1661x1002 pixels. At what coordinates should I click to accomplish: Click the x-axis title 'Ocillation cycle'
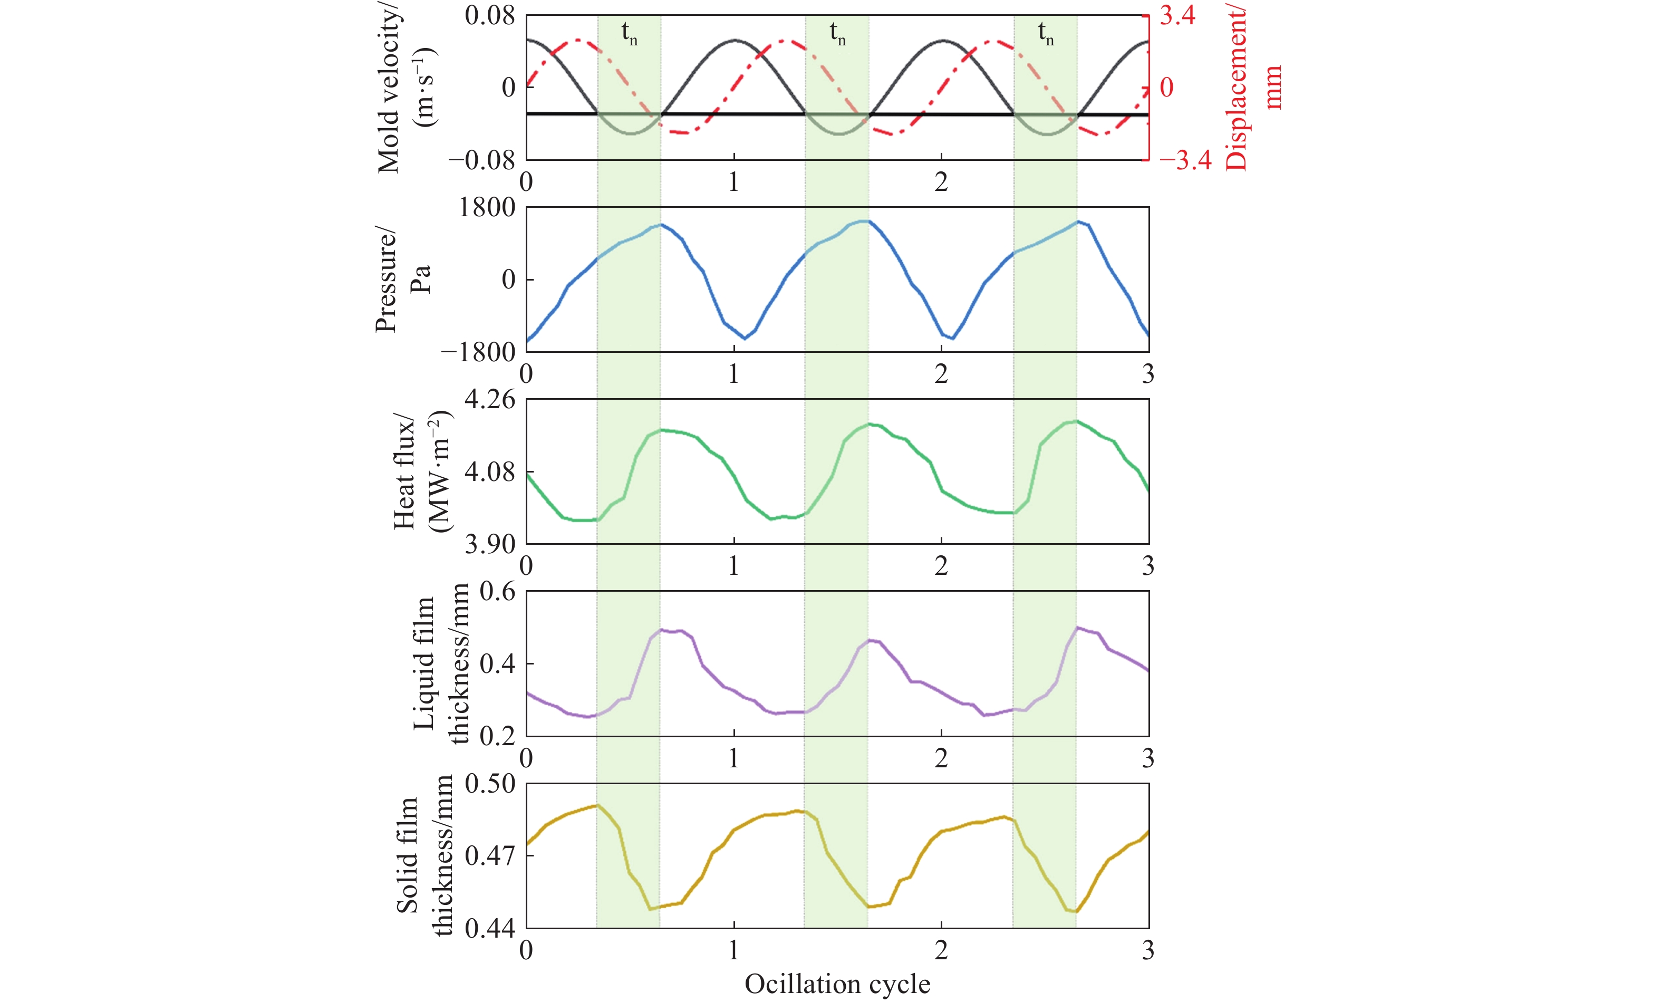pyautogui.click(x=837, y=984)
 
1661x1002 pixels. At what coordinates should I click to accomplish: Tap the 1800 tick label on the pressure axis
pyautogui.click(x=487, y=208)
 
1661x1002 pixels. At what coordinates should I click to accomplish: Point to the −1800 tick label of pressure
pyautogui.click(x=478, y=352)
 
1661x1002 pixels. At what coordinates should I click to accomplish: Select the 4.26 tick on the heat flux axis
pyautogui.click(x=489, y=399)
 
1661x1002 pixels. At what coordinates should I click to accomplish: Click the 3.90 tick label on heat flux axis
pyautogui.click(x=489, y=544)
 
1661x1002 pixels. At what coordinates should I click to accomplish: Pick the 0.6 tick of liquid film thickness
pyautogui.click(x=497, y=592)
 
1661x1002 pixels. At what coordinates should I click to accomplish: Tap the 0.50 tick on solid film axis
pyautogui.click(x=489, y=784)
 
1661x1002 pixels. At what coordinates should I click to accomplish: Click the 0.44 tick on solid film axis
pyautogui.click(x=489, y=929)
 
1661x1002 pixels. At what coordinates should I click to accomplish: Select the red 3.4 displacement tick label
pyautogui.click(x=1177, y=15)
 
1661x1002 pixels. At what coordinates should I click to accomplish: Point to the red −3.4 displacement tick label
pyautogui.click(x=1185, y=160)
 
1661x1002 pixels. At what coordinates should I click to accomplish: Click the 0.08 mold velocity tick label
pyautogui.click(x=489, y=15)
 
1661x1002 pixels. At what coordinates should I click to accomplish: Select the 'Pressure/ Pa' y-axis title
pyautogui.click(x=402, y=279)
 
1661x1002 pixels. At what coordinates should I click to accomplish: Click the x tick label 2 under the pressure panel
pyautogui.click(x=941, y=373)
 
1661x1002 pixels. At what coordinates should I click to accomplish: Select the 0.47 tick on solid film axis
pyautogui.click(x=489, y=856)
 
